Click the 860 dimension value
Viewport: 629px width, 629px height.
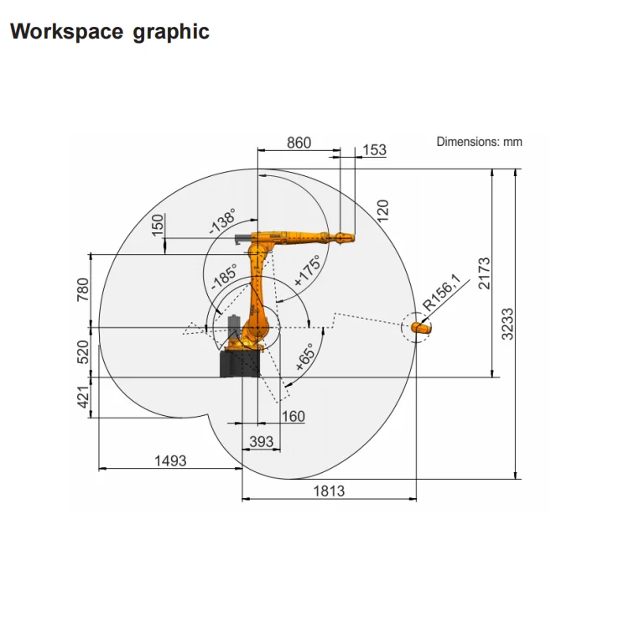coord(299,143)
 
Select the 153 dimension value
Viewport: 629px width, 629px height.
coord(374,150)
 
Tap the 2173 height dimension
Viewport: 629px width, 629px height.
coord(485,273)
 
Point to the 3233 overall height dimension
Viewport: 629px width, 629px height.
coord(507,324)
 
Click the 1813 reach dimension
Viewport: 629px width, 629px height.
coord(329,491)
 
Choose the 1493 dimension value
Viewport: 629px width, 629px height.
coord(170,461)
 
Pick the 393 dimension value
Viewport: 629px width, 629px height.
coord(262,442)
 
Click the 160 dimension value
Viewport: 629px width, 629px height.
coord(294,416)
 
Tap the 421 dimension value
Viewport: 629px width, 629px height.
coord(83,397)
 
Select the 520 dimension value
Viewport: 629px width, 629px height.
coord(83,351)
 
